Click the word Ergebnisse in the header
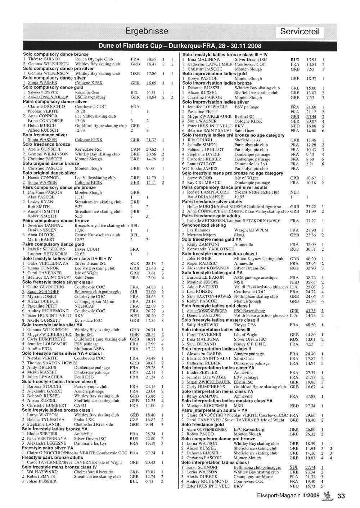point(147,31)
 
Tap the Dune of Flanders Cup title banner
point(180,46)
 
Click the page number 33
point(341,496)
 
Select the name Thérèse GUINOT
point(45,59)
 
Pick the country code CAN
point(135,149)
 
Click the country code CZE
point(134,419)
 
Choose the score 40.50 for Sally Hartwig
point(310,325)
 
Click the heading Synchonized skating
point(204,225)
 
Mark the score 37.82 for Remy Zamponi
point(310,396)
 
